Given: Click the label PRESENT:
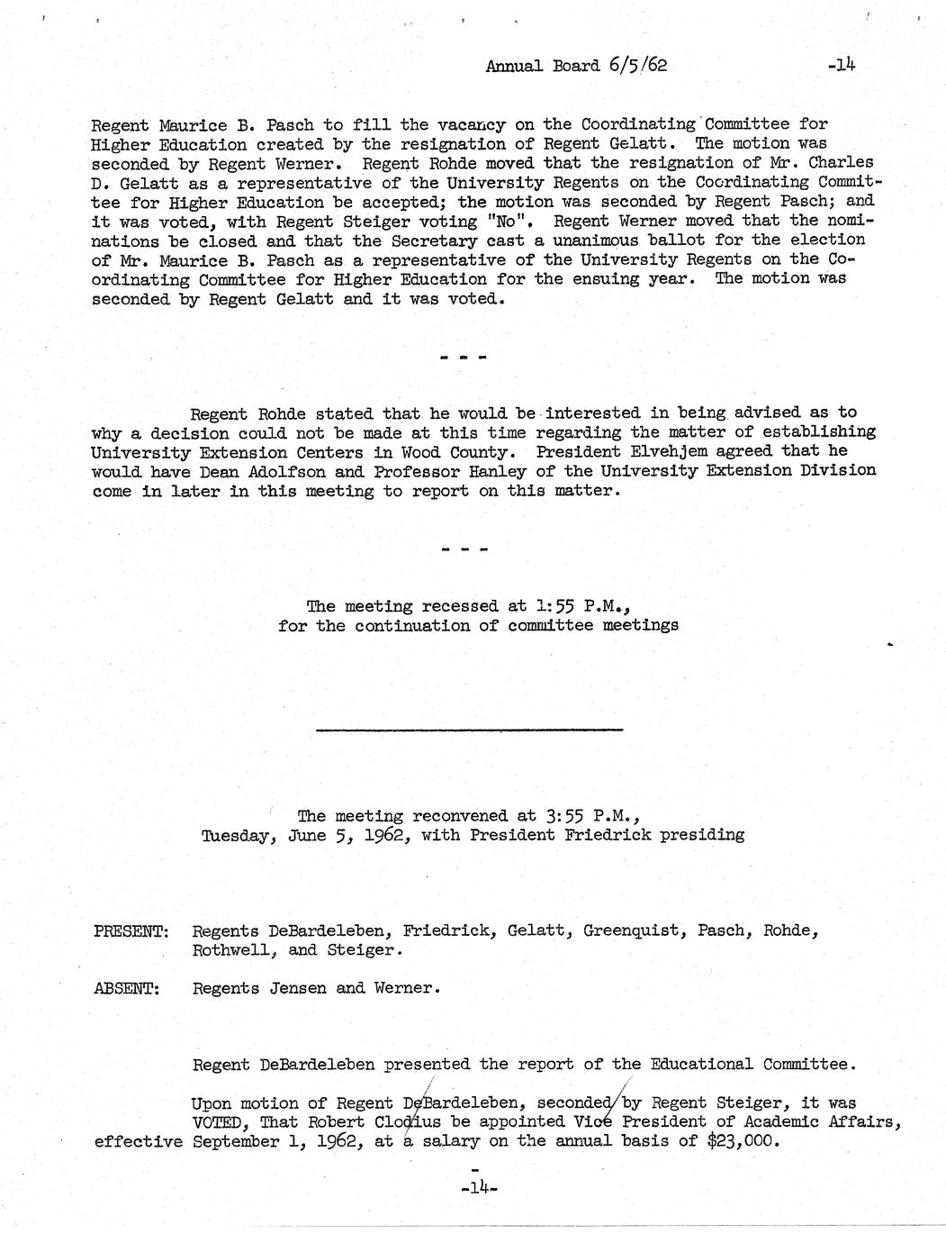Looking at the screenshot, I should tap(131, 930).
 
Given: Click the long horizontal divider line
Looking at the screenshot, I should tap(469, 729).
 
